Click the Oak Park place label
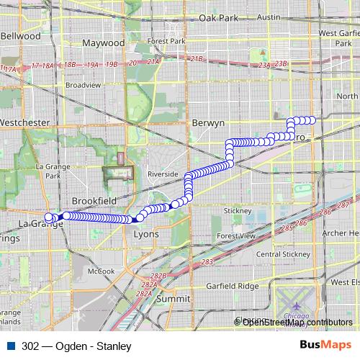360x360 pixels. click(x=219, y=37)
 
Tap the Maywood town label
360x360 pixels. click(x=104, y=43)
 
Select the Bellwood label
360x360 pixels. click(x=21, y=35)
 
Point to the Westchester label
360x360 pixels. click(x=26, y=122)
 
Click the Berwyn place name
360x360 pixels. click(x=210, y=123)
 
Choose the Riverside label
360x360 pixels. click(x=163, y=174)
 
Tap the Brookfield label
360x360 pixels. click(x=94, y=200)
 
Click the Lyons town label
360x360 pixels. click(x=146, y=234)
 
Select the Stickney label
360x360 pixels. click(x=237, y=211)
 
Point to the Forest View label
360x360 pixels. click(x=237, y=235)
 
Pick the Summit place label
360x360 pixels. click(x=174, y=297)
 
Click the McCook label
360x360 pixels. click(x=102, y=271)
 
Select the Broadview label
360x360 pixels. click(x=79, y=84)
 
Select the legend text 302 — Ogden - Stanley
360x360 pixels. click(x=71, y=345)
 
